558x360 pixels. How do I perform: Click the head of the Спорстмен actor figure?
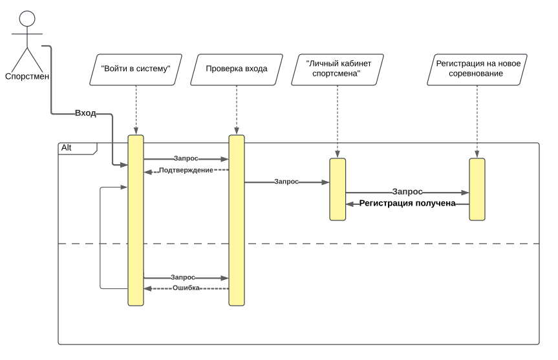pyautogui.click(x=27, y=19)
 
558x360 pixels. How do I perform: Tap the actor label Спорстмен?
pyautogui.click(x=27, y=76)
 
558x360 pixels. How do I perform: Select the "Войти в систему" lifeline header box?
pyautogui.click(x=136, y=70)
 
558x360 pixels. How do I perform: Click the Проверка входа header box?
pyautogui.click(x=237, y=70)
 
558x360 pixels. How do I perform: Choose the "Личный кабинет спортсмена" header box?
pyautogui.click(x=338, y=70)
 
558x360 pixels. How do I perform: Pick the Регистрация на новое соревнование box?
pyautogui.click(x=477, y=70)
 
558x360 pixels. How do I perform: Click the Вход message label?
pyautogui.click(x=85, y=113)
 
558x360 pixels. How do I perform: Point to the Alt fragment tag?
pyautogui.click(x=78, y=149)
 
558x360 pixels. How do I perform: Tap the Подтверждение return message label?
pyautogui.click(x=186, y=171)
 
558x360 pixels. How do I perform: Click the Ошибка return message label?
pyautogui.click(x=186, y=288)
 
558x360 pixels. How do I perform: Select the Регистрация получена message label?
pyautogui.click(x=407, y=203)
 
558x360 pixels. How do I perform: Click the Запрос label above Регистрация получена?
pyautogui.click(x=407, y=192)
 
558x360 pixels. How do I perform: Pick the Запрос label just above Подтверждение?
pyautogui.click(x=186, y=158)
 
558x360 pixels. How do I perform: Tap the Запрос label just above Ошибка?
pyautogui.click(x=183, y=277)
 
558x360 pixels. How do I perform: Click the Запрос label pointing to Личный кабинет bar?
pyautogui.click(x=286, y=182)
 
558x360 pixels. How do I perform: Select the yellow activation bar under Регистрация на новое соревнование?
pyautogui.click(x=477, y=189)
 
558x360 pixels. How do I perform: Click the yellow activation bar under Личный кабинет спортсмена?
pyautogui.click(x=338, y=189)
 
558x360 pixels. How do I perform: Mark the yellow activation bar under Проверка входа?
pyautogui.click(x=237, y=220)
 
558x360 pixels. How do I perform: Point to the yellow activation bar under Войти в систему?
pyautogui.click(x=136, y=220)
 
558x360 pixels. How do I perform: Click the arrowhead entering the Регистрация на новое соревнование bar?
pyautogui.click(x=466, y=193)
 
